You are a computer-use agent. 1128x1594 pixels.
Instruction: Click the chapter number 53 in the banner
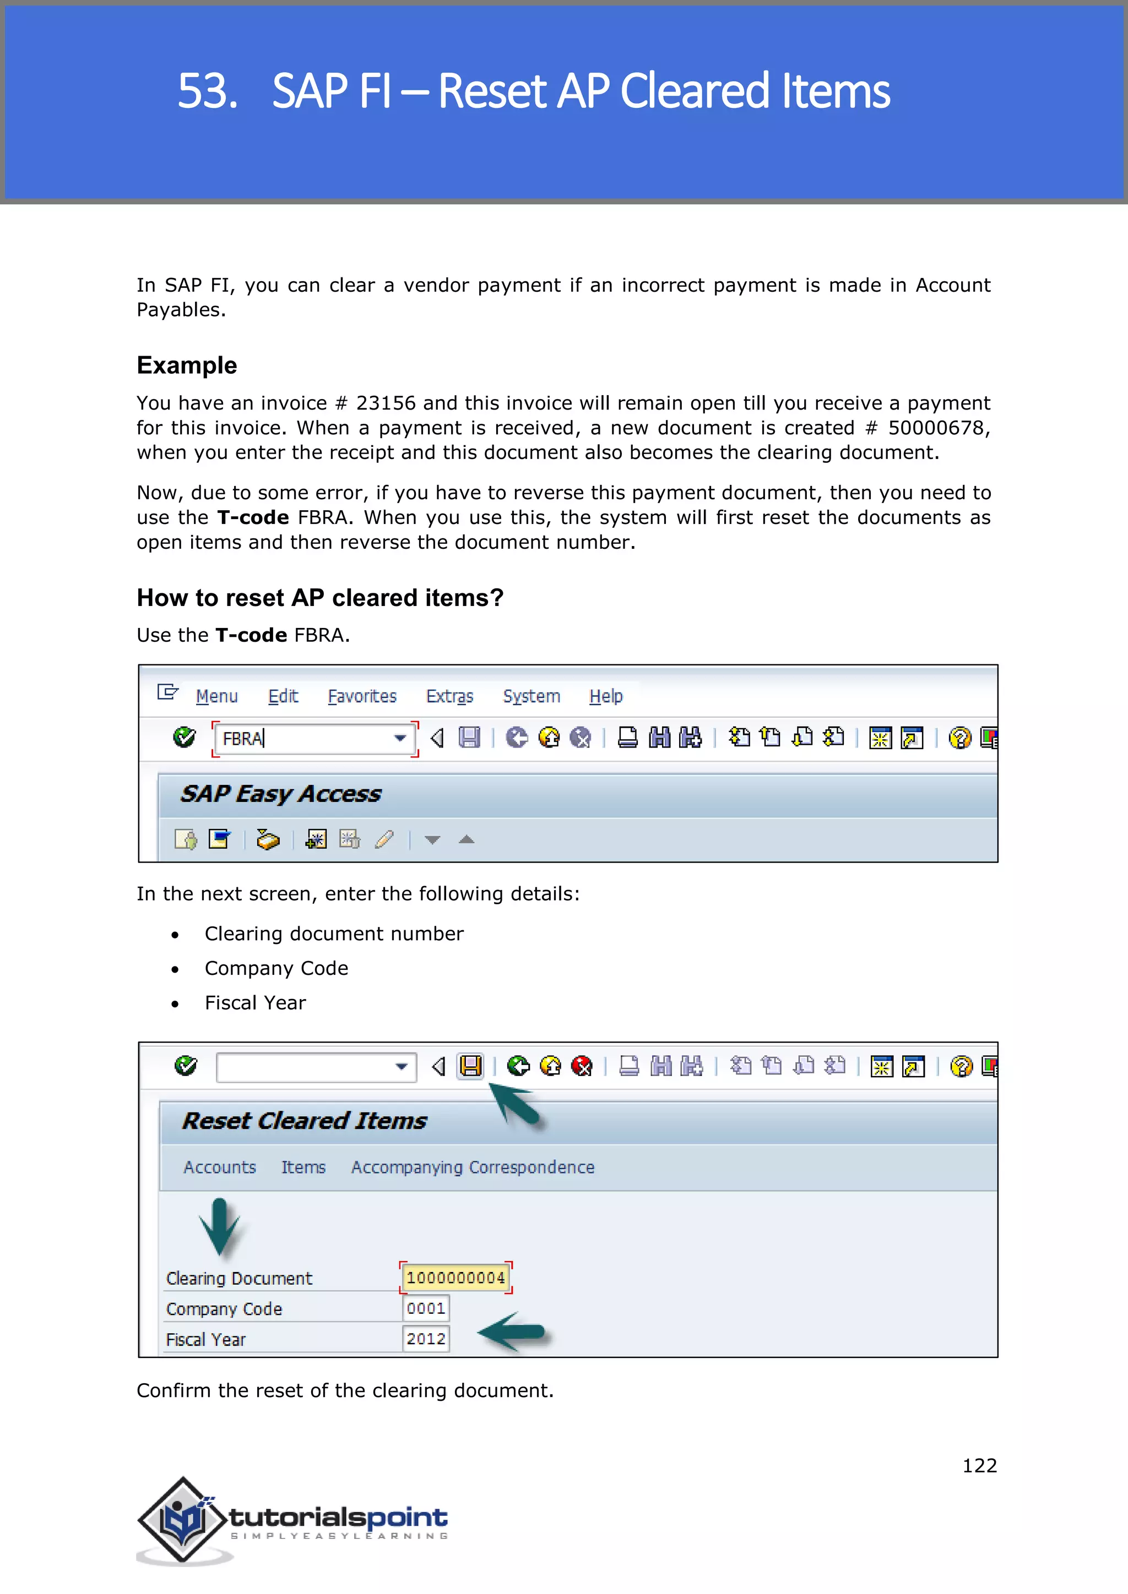(207, 91)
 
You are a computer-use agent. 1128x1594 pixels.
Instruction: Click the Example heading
(186, 365)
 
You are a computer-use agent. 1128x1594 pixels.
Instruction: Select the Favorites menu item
(362, 696)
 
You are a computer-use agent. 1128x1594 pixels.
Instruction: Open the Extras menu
(449, 696)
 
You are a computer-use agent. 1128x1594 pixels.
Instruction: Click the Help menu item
(606, 696)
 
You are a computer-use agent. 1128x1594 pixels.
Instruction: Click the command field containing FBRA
(306, 739)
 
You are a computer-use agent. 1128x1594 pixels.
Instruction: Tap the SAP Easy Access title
(280, 794)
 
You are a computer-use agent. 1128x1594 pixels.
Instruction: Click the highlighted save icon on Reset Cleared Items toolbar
(470, 1066)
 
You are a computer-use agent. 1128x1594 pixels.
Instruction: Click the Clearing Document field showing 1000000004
(455, 1278)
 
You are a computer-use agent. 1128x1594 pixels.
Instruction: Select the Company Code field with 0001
(426, 1309)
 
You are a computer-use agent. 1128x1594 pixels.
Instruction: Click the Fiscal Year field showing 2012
(426, 1339)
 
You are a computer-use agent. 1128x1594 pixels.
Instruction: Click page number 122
(979, 1466)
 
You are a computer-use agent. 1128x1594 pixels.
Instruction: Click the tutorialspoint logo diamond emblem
(183, 1519)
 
